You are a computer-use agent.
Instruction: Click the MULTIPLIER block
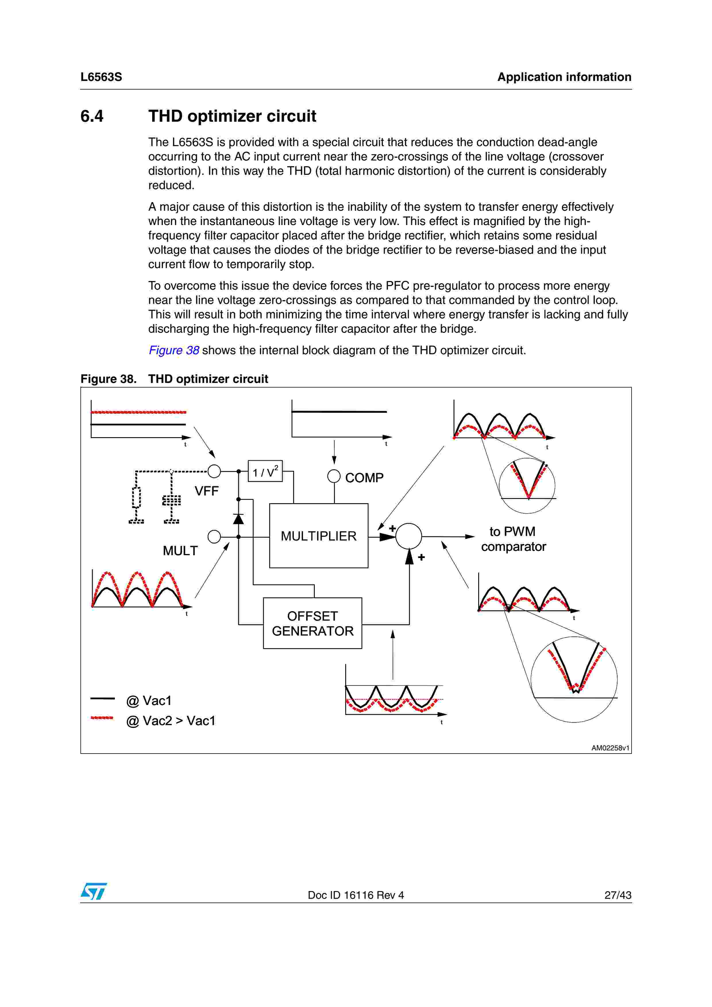(x=319, y=536)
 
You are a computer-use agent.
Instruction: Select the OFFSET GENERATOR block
(x=312, y=623)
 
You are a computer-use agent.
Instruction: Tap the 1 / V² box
(x=265, y=471)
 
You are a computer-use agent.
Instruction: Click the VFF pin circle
(x=214, y=471)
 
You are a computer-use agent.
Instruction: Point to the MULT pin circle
(x=214, y=537)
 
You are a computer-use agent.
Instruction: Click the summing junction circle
(x=408, y=536)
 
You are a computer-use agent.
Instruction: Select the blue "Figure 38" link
(x=174, y=350)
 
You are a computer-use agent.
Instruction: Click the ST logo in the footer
(x=93, y=891)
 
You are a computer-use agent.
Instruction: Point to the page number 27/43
(x=618, y=895)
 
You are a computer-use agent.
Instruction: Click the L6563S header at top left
(x=101, y=77)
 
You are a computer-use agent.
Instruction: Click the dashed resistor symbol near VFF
(x=136, y=497)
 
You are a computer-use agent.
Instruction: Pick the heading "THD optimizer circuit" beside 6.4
(x=232, y=116)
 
